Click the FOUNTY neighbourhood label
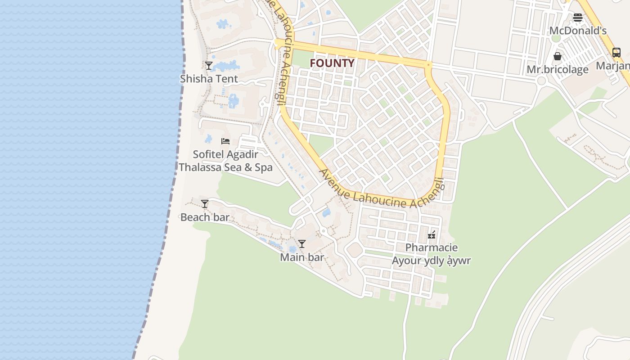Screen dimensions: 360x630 332,63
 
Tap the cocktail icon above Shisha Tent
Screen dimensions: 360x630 209,65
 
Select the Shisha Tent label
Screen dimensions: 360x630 209,79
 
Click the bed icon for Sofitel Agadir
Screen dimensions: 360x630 225,141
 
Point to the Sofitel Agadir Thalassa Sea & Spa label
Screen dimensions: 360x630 225,161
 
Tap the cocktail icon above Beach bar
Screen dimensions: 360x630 205,204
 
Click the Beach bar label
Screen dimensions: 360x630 205,217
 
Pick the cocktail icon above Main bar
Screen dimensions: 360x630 302,244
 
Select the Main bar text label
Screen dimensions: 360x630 302,257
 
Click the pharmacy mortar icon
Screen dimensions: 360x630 432,234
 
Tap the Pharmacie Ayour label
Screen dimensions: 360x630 431,254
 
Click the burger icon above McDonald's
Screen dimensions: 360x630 578,18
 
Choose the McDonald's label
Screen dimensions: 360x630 578,31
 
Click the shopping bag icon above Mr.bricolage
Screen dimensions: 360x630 558,56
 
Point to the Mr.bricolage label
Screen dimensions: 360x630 558,70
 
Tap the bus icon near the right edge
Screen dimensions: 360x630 616,53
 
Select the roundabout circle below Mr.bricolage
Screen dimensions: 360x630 542,81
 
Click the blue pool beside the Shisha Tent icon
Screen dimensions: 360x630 226,67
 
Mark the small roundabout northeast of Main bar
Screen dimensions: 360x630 323,231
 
